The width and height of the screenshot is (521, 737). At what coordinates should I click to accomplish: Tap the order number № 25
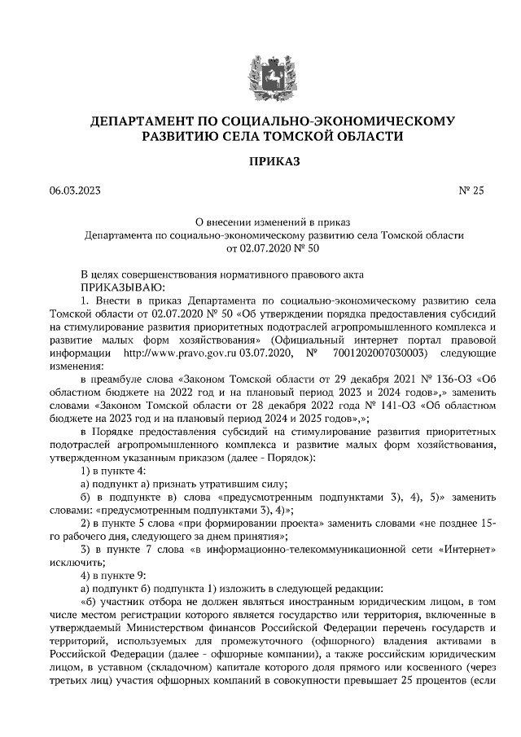(471, 191)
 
